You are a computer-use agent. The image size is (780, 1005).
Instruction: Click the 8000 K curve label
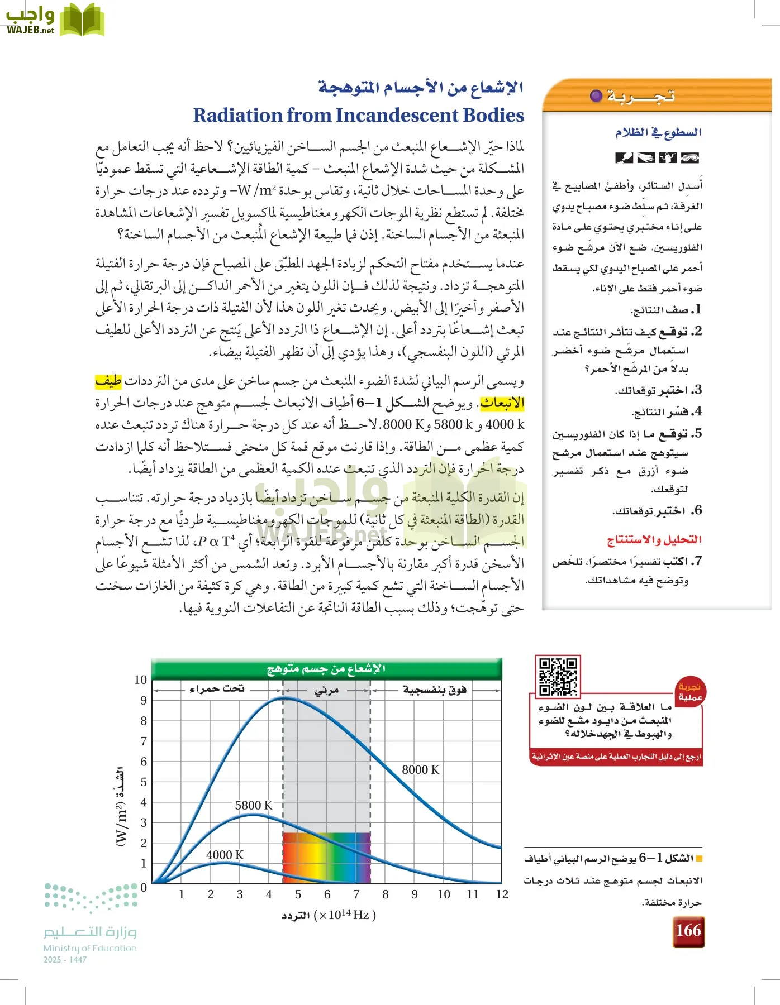point(421,770)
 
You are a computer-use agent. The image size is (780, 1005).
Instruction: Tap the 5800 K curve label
point(253,806)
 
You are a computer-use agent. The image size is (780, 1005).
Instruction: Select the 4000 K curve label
point(225,855)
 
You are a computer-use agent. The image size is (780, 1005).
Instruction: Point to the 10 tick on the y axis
point(141,680)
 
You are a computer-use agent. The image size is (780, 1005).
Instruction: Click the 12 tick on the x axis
point(502,894)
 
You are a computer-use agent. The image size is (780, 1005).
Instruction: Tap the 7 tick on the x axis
point(356,894)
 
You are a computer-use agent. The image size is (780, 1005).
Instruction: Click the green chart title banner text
point(326,669)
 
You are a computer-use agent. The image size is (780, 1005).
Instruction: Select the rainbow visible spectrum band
point(326,857)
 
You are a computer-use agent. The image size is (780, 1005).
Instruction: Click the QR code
point(557,676)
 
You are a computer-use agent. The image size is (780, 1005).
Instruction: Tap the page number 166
point(688,930)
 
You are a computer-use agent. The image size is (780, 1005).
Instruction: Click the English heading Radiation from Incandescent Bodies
point(359,115)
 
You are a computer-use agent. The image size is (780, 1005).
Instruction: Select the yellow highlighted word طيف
point(108,381)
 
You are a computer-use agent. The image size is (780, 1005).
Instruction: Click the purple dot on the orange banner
point(596,96)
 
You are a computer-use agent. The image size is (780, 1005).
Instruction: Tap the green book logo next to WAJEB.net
point(82,20)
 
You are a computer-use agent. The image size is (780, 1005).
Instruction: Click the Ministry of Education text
point(90,948)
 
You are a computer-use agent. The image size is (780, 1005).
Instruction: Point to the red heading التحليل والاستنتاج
point(654,540)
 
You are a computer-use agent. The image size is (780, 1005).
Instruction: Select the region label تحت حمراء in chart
point(217,689)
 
